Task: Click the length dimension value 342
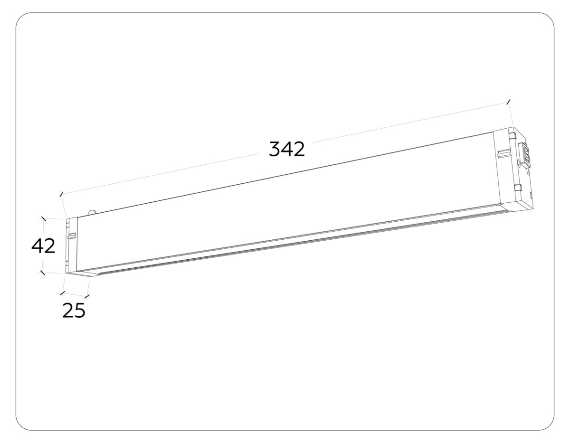tap(286, 149)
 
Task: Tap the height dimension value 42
tap(43, 246)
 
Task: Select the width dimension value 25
tap(74, 310)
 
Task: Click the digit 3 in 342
tap(275, 149)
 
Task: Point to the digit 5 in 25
tap(80, 310)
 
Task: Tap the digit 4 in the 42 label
tap(38, 246)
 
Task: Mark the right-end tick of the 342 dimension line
tap(509, 102)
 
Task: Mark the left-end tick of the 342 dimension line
tap(61, 194)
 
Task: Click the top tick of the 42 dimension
tap(44, 218)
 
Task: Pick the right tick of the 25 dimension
tap(87, 298)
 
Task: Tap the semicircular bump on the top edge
tap(92, 212)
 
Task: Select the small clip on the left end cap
tap(71, 236)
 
